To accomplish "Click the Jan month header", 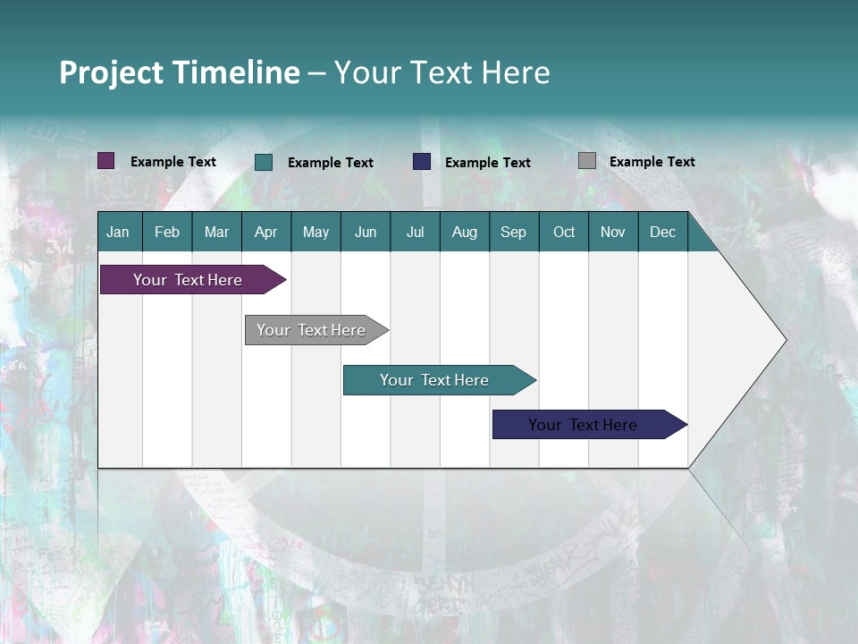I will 118,232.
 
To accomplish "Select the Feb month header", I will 167,232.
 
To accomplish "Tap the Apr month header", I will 265,232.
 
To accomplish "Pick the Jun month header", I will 366,232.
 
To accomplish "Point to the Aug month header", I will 464,232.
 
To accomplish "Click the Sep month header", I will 513,232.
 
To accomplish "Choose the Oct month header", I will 564,232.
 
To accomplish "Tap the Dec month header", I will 662,232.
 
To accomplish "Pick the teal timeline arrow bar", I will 435,380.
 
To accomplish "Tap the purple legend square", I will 106,161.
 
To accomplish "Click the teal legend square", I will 264,162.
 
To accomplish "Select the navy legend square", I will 422,162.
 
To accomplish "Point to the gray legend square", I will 587,161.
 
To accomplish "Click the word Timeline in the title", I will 237,72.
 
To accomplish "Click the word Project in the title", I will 112,72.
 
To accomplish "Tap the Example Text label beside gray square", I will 652,162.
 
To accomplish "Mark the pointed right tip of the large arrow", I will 784,340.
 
